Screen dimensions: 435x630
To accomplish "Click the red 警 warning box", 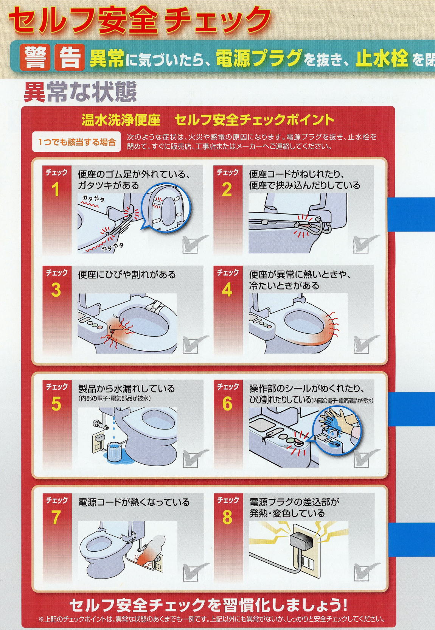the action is pos(35,58).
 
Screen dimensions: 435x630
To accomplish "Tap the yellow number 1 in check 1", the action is pos(56,190).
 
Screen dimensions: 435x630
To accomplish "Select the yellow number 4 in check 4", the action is pos(227,290).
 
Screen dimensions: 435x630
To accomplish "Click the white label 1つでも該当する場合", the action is pos(76,142).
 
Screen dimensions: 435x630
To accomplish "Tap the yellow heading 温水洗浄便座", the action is pos(121,120).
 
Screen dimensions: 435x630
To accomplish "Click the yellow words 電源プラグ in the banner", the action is pos(259,58).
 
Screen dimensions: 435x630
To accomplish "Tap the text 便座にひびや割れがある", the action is pos(127,275).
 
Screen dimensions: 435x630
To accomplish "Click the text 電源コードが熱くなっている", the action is pos(134,502).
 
